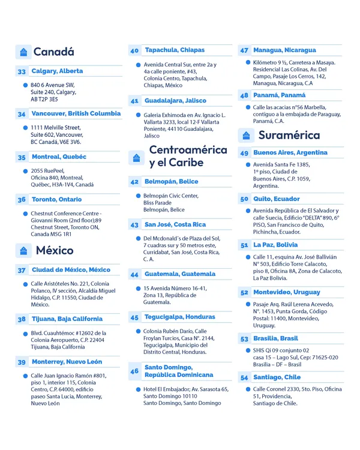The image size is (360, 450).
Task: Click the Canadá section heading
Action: tap(53, 52)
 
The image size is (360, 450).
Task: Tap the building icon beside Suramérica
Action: tap(247, 134)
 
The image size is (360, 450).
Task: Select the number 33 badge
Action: tap(22, 71)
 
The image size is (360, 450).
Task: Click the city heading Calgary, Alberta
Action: tap(57, 71)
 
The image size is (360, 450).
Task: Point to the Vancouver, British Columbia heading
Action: tap(76, 113)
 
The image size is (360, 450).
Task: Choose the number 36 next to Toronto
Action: tap(22, 200)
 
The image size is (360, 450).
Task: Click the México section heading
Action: tap(55, 250)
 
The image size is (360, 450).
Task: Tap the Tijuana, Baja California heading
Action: tap(67, 319)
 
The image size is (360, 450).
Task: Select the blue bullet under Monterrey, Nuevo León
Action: tap(25, 376)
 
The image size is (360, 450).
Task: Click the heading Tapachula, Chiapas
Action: tap(174, 50)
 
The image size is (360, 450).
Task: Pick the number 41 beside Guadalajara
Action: tap(134, 101)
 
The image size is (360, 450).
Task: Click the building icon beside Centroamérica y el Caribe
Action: tap(136, 157)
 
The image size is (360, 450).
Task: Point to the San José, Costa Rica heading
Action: tap(175, 224)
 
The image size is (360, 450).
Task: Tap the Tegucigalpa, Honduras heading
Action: tap(179, 317)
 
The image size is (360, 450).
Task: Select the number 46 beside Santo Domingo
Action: tap(134, 371)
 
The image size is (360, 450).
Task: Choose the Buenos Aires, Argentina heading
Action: tap(290, 153)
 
